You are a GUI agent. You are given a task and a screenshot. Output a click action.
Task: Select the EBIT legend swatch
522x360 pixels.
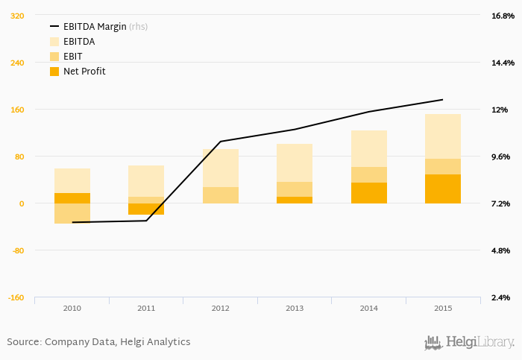point(54,57)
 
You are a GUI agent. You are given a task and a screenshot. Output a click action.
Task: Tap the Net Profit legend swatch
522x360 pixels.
point(54,72)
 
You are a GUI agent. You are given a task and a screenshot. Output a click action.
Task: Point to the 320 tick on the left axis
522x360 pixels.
point(16,16)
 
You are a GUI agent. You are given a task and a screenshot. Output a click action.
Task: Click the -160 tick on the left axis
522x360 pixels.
point(15,297)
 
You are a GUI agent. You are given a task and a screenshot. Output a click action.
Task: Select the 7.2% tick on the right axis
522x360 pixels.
point(499,203)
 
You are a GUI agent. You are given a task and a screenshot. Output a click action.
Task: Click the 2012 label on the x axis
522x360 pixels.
point(220,308)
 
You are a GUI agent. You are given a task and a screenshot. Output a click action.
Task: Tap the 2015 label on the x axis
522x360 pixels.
point(443,308)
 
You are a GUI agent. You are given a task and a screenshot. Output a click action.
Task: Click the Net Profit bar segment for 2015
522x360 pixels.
point(443,189)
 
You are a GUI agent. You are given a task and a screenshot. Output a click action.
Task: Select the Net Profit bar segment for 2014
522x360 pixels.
point(368,193)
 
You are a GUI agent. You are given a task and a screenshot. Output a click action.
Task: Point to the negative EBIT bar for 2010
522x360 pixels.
point(72,213)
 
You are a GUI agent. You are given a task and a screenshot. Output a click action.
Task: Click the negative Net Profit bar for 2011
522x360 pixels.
point(146,209)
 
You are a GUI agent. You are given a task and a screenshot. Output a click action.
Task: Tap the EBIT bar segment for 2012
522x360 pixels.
point(220,195)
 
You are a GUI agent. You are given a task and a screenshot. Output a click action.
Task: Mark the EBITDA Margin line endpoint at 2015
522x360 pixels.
point(443,99)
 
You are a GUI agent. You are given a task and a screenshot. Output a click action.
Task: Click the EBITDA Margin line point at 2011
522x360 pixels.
point(146,221)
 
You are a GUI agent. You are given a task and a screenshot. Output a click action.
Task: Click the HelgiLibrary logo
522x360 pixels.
point(469,342)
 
